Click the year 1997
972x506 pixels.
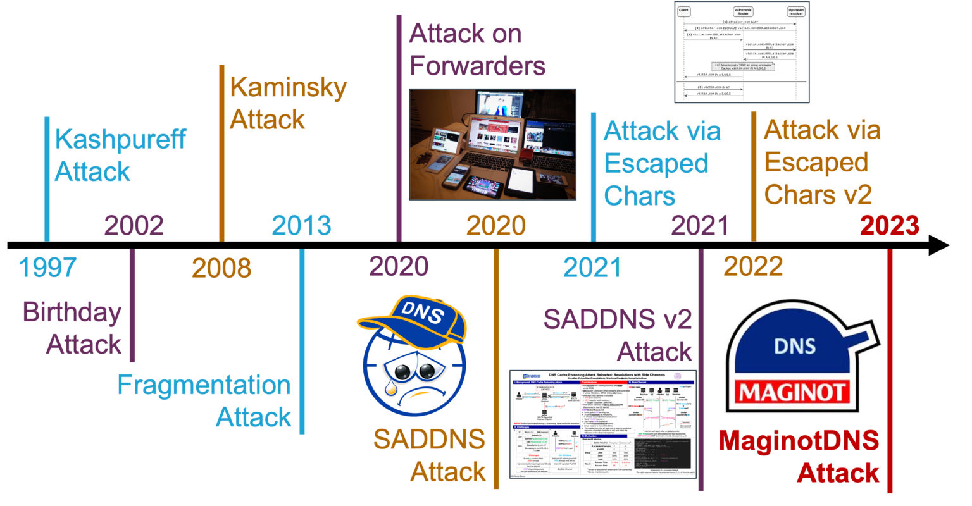click(48, 268)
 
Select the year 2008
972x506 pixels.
click(221, 268)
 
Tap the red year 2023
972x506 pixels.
click(890, 226)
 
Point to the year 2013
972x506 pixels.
click(302, 226)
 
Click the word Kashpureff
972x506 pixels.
click(120, 139)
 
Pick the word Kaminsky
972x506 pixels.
click(288, 88)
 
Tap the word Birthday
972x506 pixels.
click(72, 312)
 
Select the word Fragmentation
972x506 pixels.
click(204, 385)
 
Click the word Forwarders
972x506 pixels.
click(477, 66)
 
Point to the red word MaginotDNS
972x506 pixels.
click(799, 441)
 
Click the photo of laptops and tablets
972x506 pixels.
click(493, 144)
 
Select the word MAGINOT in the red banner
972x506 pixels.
click(802, 393)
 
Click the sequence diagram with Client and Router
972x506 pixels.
click(742, 52)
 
